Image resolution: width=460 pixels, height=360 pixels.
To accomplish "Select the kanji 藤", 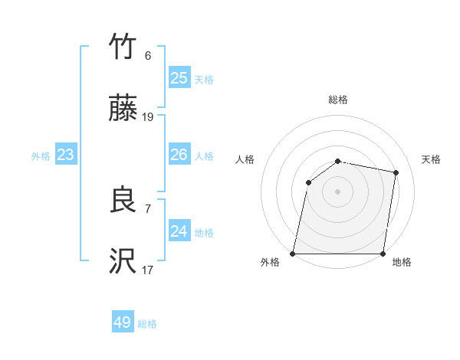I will pos(123,110).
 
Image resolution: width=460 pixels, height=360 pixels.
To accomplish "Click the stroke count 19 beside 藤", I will pos(148,117).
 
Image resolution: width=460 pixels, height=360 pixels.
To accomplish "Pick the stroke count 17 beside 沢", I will pos(148,270).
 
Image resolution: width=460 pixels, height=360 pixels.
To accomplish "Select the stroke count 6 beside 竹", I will pos(148,56).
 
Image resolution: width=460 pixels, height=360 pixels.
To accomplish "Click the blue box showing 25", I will pos(179,78).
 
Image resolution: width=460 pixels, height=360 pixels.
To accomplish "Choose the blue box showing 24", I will pos(179,231).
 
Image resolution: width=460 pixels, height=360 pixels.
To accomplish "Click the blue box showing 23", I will pos(65,155).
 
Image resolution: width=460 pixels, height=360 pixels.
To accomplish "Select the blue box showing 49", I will pos(123,322).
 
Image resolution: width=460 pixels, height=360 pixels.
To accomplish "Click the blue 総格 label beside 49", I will pos(147,324).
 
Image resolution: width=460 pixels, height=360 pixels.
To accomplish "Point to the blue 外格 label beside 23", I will pos(41,156).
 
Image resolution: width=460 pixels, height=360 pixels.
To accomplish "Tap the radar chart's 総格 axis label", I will pos(338,100).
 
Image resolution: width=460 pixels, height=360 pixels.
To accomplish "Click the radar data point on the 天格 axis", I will pos(396,172).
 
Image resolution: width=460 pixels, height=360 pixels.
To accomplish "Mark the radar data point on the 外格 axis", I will pos(293,254).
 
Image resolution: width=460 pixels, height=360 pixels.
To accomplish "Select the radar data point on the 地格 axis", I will pos(383,254).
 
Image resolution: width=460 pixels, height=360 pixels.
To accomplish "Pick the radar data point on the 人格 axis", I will pos(308,182).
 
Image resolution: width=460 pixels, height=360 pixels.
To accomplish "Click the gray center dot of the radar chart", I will pos(338,191).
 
